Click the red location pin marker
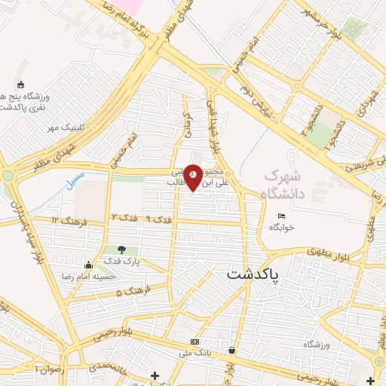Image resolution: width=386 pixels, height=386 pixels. pyautogui.click(x=194, y=176)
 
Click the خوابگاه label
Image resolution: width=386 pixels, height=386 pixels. pyautogui.click(x=282, y=227)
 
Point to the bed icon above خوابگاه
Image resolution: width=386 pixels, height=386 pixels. pyautogui.click(x=282, y=217)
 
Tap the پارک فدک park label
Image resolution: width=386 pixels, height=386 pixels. pyautogui.click(x=126, y=262)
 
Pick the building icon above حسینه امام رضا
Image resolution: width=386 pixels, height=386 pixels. pyautogui.click(x=89, y=265)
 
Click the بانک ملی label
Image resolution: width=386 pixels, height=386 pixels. pyautogui.click(x=197, y=353)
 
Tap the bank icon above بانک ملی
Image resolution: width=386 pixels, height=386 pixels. pyautogui.click(x=195, y=342)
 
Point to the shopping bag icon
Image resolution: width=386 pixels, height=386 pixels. pyautogui.click(x=231, y=351)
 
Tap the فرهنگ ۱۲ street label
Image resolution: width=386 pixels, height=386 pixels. pyautogui.click(x=69, y=219)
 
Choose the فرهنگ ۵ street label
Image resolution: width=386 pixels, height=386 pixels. pyautogui.click(x=135, y=290)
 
